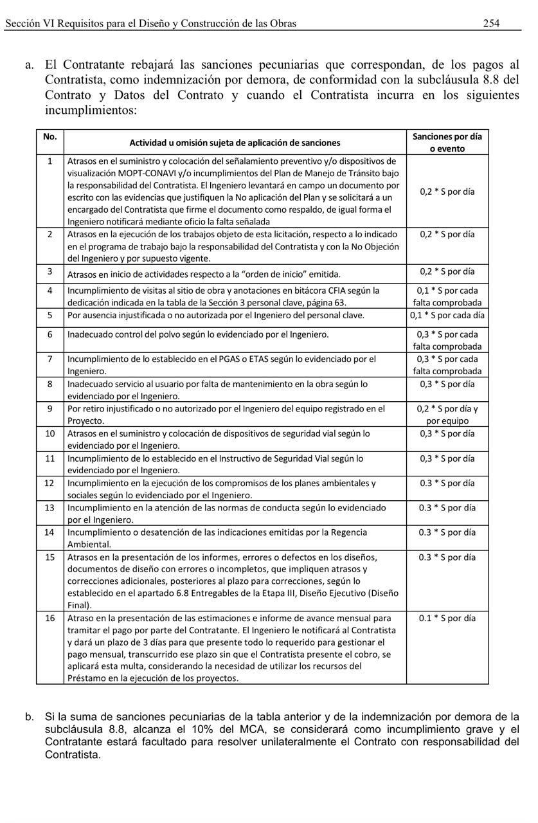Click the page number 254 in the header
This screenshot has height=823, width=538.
[491, 23]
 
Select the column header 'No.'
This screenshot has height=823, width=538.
[49, 136]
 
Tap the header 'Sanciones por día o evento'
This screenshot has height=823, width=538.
[447, 142]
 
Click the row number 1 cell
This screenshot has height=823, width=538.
[49, 161]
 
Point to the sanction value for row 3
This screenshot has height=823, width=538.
[447, 272]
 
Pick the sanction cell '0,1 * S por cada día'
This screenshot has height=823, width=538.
[447, 315]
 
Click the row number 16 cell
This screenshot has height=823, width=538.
[49, 619]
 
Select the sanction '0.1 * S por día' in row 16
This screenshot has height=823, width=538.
[447, 619]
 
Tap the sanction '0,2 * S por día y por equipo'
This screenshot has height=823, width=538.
[447, 415]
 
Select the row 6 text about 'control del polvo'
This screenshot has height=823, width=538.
[198, 334]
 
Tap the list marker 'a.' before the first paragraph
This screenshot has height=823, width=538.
[30, 65]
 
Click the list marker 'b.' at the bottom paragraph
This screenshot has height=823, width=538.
[30, 717]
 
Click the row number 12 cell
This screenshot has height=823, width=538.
[49, 483]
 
